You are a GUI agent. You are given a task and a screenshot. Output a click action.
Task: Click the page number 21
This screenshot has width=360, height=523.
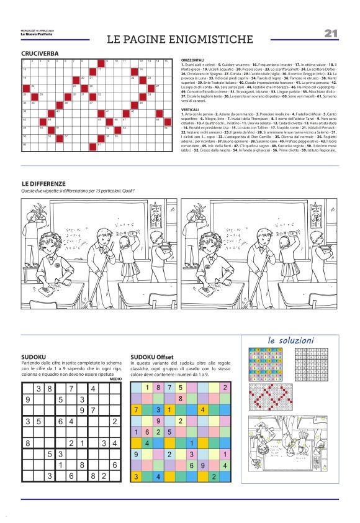coord(330,33)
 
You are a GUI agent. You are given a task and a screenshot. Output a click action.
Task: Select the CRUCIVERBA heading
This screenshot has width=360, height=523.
coord(40,54)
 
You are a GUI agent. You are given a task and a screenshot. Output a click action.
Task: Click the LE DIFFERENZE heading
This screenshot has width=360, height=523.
coord(43,184)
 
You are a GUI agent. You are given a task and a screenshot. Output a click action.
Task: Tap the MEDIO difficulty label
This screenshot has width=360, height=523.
coord(115,378)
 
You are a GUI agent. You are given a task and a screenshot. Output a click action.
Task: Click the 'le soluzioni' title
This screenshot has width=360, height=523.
coord(291,340)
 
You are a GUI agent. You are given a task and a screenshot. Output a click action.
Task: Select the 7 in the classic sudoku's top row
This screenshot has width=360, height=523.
coord(72,389)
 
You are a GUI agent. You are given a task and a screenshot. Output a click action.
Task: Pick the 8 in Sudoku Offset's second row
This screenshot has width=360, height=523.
coord(180,399)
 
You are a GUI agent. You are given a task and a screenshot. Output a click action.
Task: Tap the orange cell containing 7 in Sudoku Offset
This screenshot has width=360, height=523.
coord(136,410)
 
